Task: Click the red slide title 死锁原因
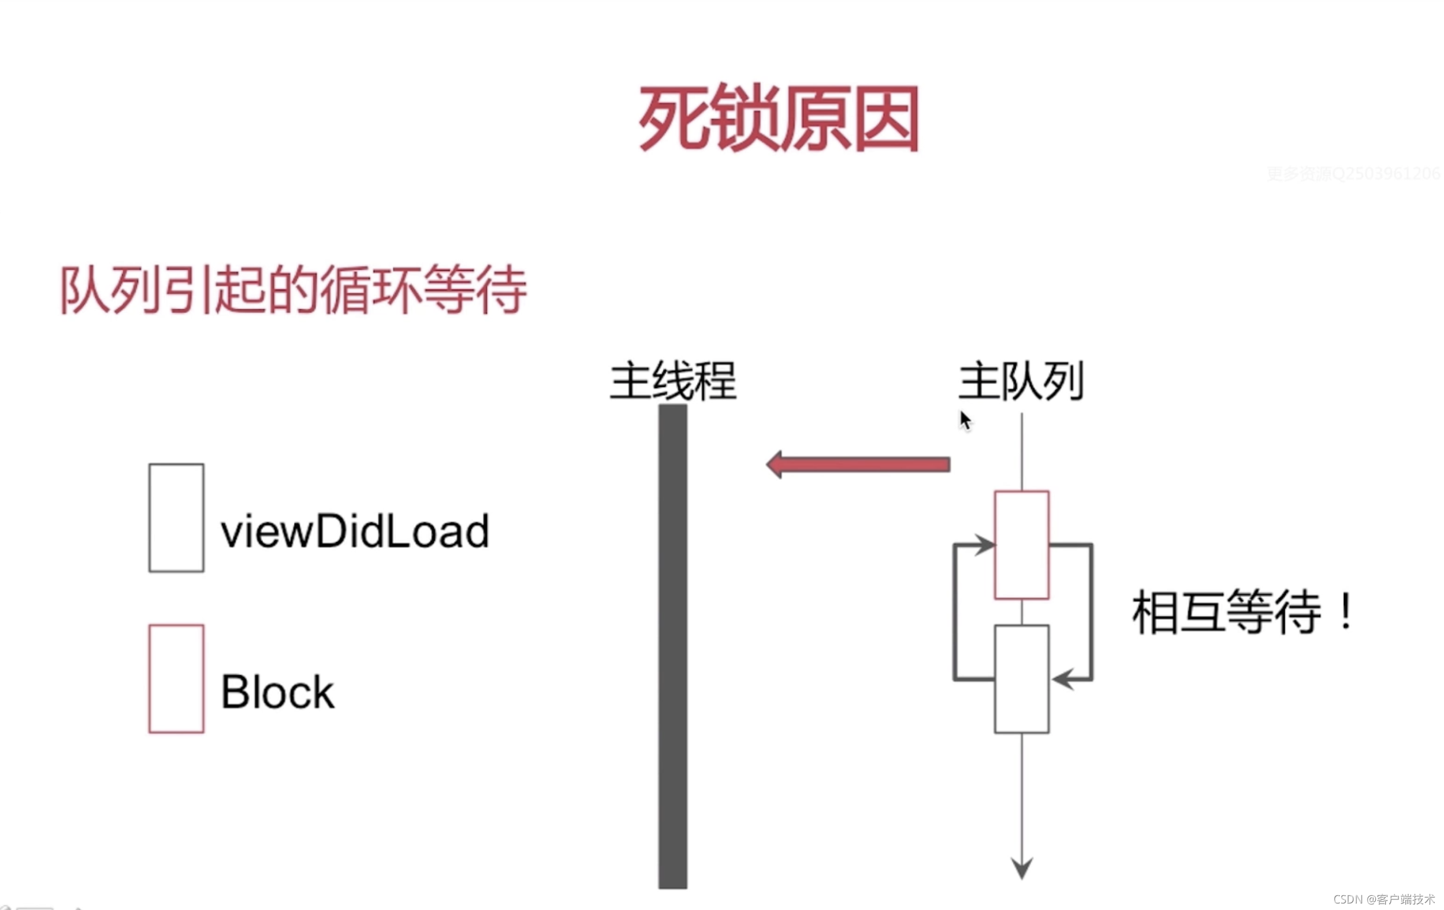click(778, 117)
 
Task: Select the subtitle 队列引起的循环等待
click(293, 290)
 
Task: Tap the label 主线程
click(673, 381)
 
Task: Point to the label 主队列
click(1021, 381)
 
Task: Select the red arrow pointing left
click(858, 465)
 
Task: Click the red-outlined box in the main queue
click(1021, 544)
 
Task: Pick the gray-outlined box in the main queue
click(1021, 679)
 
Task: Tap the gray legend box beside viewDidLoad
click(177, 518)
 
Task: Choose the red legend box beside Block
click(177, 678)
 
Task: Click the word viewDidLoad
click(355, 531)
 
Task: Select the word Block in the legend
click(278, 691)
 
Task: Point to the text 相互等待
click(1226, 612)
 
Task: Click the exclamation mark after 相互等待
click(1347, 612)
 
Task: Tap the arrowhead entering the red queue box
click(984, 544)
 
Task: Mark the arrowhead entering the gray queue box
click(1061, 679)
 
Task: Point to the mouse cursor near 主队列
click(965, 421)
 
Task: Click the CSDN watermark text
click(1384, 899)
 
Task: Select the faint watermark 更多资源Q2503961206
click(1353, 174)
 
